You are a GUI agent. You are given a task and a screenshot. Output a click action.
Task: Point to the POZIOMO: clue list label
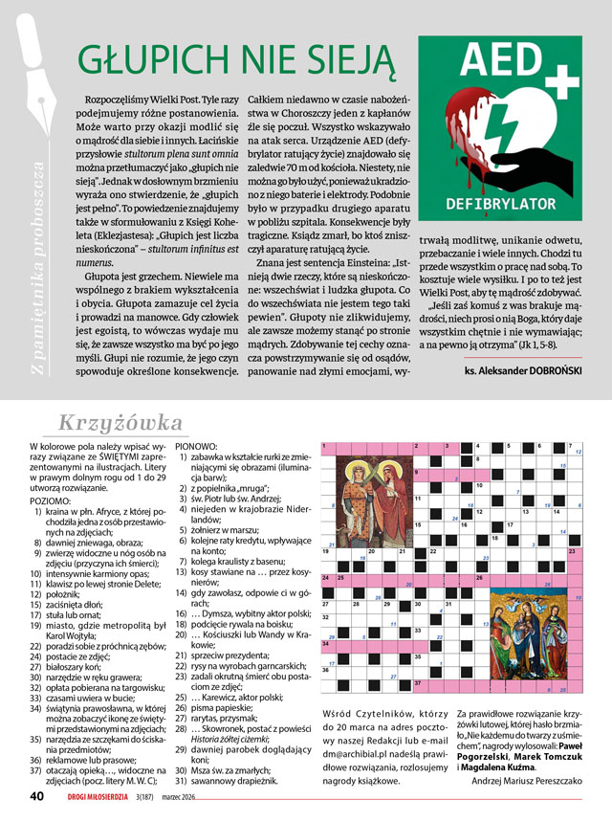[x=51, y=500]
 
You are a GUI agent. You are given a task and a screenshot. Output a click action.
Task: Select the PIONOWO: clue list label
[x=196, y=446]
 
